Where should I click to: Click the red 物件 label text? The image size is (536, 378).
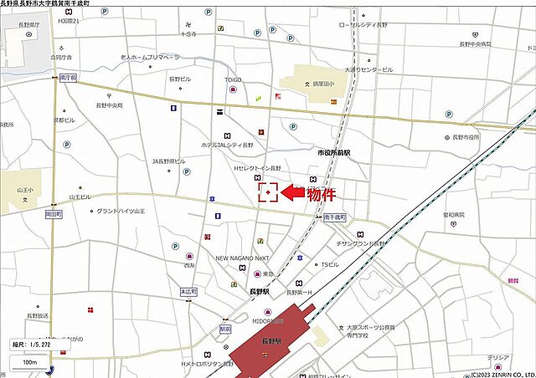coord(322,196)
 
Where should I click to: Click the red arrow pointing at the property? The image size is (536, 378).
coord(291,193)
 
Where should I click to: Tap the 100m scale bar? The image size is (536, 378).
coord(29,363)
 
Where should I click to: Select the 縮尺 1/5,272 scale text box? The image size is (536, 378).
coord(33,344)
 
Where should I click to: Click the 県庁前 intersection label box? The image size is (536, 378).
coord(68,77)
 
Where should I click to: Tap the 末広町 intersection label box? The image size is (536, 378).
coord(188,292)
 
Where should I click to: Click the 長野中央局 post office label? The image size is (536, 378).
coord(109,105)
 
